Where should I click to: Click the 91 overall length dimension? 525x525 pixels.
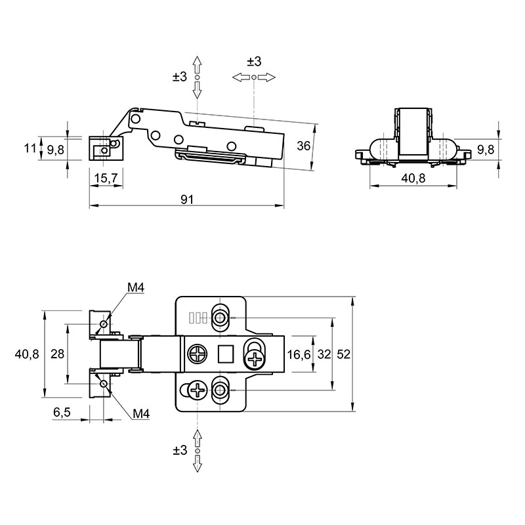tap(187, 199)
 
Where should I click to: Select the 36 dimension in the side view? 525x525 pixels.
tap(304, 146)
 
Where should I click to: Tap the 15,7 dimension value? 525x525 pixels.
tap(106, 178)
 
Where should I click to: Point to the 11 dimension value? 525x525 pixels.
tap(30, 148)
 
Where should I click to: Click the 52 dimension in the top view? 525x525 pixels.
tap(343, 354)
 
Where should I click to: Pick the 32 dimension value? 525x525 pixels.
tap(324, 354)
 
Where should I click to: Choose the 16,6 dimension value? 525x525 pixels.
tap(299, 354)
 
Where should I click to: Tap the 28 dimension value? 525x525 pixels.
tap(57, 354)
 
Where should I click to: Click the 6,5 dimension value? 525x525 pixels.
tap(62, 412)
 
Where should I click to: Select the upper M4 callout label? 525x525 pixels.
tap(136, 287)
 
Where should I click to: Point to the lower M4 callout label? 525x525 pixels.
tap(141, 414)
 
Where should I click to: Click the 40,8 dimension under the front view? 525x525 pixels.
tap(413, 178)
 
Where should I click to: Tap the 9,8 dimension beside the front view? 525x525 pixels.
tap(486, 150)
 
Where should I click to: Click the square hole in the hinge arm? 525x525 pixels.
tap(225, 354)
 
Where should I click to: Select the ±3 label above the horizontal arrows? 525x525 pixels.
tap(254, 62)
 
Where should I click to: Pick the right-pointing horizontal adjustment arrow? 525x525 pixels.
tap(267, 77)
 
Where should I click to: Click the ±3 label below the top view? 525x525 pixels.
tap(180, 450)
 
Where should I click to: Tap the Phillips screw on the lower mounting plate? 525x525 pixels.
tap(198, 390)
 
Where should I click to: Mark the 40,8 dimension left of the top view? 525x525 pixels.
tap(27, 354)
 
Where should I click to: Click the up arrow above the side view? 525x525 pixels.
tap(198, 64)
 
